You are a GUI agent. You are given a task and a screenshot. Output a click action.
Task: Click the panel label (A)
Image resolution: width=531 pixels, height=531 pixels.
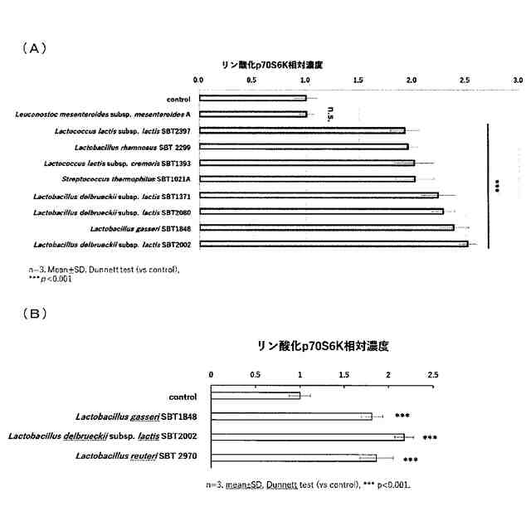33,49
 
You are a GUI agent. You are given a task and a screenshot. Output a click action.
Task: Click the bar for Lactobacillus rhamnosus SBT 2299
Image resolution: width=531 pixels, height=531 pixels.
303,147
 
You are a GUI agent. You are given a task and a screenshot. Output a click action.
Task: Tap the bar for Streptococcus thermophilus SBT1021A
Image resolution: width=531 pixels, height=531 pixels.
306,179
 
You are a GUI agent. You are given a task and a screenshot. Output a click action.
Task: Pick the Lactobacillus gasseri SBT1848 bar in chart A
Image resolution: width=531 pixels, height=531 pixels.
325,227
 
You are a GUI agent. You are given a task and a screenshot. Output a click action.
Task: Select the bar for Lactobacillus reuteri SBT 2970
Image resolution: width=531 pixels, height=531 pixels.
294,457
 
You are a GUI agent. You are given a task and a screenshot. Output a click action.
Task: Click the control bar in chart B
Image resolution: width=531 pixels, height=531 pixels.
256,396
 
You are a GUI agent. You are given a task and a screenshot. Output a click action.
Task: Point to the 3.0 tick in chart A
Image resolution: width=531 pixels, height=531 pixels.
517,80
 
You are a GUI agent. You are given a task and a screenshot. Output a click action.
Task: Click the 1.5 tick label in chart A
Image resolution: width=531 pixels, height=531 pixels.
358,80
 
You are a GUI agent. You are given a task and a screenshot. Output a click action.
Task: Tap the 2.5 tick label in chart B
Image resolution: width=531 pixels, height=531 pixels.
432,375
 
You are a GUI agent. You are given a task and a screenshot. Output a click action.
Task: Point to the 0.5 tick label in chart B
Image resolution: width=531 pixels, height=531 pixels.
256,375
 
